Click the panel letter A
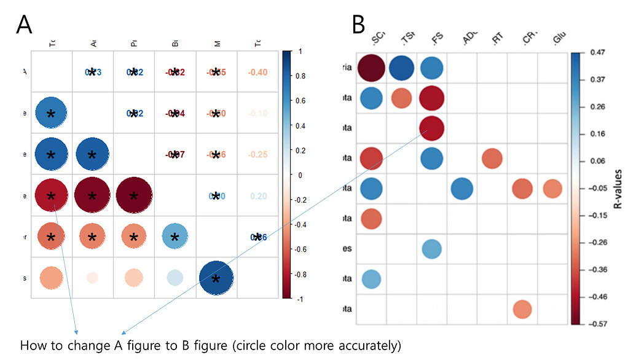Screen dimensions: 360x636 tap(24, 25)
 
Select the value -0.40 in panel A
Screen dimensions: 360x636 tap(257, 72)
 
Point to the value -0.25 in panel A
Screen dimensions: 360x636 tap(257, 154)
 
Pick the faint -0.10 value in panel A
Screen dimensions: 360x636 tap(257, 114)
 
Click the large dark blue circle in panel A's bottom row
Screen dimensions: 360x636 tap(215, 278)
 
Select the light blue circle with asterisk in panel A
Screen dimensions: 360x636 tap(175, 237)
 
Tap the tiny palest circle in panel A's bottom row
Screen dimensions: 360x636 tap(92, 278)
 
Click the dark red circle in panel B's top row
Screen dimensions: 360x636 tap(371, 68)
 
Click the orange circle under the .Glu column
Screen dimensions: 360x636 tap(552, 189)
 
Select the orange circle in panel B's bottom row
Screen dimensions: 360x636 tap(522, 309)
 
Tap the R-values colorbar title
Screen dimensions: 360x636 tap(619, 188)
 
